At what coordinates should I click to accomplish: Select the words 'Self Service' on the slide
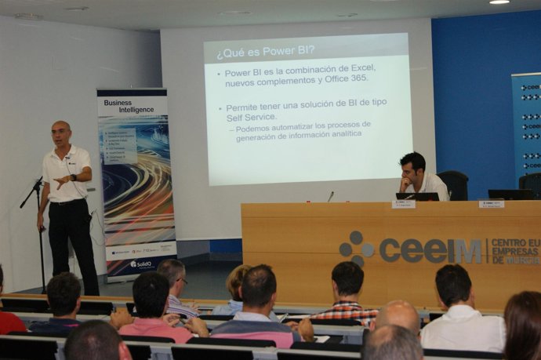click(x=251, y=117)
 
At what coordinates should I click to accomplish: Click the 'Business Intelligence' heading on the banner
click(x=129, y=106)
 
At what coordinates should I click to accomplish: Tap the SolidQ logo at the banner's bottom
click(x=141, y=264)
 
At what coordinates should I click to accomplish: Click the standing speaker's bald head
click(x=61, y=128)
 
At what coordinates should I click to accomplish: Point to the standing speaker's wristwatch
click(x=74, y=178)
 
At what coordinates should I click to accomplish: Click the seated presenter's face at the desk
click(x=412, y=167)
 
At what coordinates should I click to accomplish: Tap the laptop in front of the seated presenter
click(x=417, y=196)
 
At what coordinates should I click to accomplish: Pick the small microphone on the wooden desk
click(x=330, y=195)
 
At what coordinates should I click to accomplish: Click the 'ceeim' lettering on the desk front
click(x=430, y=250)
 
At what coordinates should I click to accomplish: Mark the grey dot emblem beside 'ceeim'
click(x=357, y=247)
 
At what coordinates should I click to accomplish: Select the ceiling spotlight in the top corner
click(x=499, y=2)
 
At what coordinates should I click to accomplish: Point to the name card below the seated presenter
click(x=404, y=204)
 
